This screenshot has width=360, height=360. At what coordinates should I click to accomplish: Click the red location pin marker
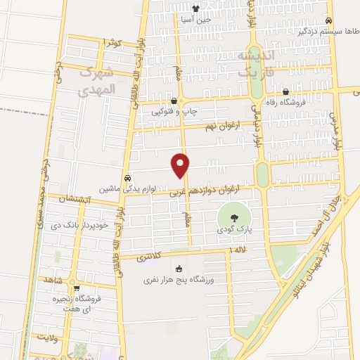pos(181,165)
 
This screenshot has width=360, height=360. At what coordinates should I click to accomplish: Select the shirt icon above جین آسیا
pos(195,9)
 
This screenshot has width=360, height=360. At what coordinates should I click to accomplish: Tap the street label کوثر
pos(112,43)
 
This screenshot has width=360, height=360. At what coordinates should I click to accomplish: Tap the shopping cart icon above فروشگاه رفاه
pos(286,91)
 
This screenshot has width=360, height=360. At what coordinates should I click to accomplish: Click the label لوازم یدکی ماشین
pos(127,189)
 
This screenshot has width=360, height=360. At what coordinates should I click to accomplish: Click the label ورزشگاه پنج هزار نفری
pos(179,280)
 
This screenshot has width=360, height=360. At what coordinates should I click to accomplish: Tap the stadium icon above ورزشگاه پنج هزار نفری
pos(179,269)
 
